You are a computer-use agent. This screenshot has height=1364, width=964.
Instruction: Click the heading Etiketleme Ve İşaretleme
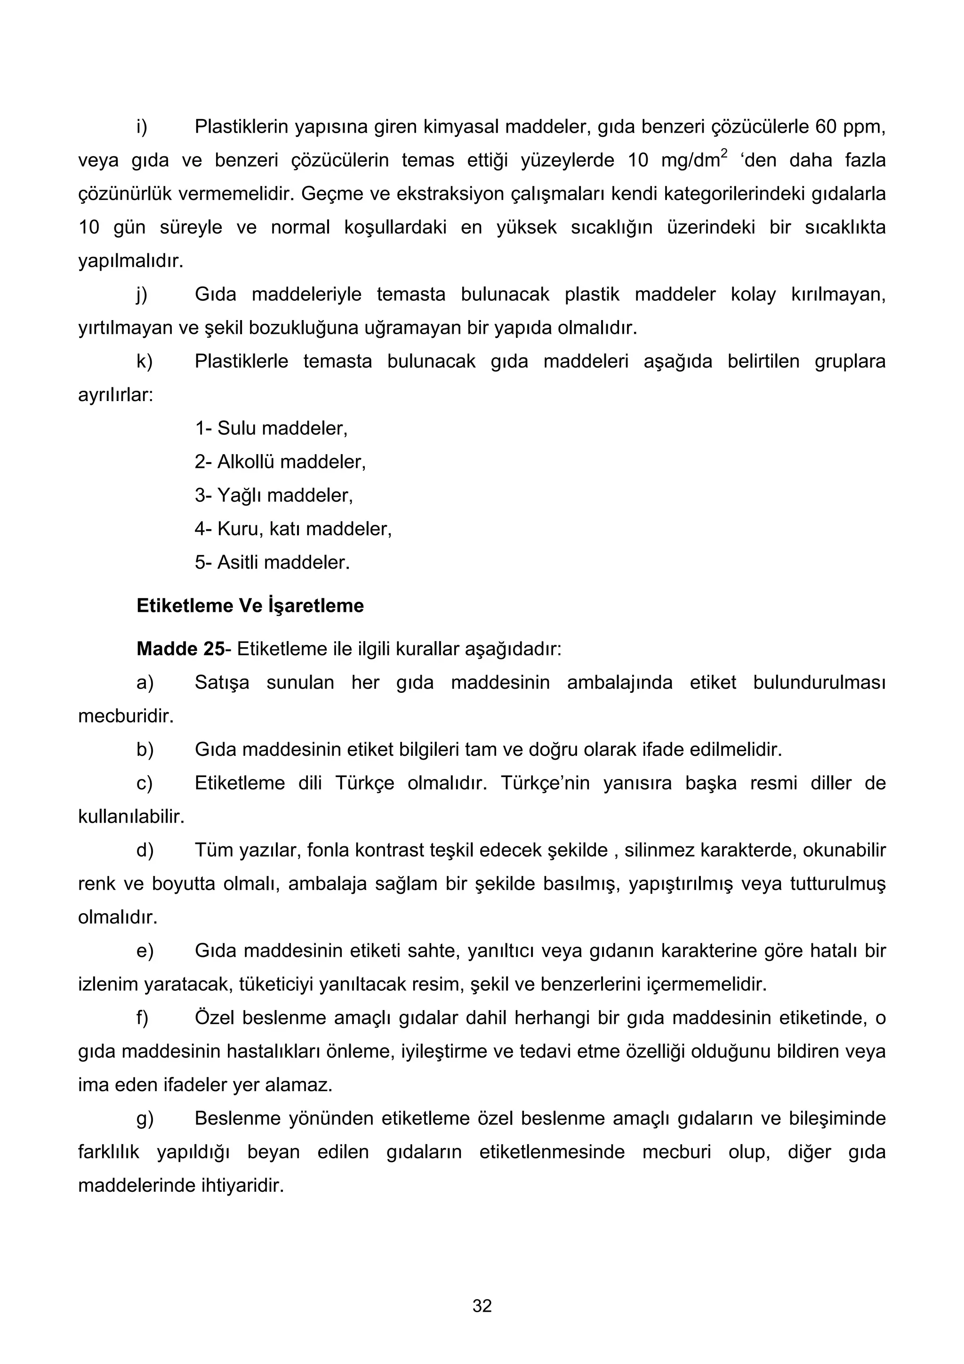click(x=250, y=605)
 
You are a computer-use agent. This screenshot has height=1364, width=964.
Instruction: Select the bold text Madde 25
click(x=180, y=649)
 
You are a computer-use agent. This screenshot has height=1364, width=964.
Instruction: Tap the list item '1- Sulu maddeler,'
click(x=271, y=428)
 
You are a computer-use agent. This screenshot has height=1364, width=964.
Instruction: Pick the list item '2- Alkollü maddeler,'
click(x=280, y=462)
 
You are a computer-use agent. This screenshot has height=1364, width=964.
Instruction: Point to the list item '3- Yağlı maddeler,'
click(x=274, y=496)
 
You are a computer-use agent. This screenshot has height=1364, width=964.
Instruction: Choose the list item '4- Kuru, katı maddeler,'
click(x=293, y=529)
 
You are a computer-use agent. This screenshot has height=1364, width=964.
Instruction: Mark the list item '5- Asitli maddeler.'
click(x=272, y=562)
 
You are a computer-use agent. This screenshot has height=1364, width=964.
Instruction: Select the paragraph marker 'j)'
click(x=142, y=295)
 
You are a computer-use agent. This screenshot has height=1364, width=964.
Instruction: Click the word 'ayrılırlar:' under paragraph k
click(x=116, y=395)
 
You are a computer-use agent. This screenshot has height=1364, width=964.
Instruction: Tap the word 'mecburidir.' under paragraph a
click(x=126, y=716)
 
